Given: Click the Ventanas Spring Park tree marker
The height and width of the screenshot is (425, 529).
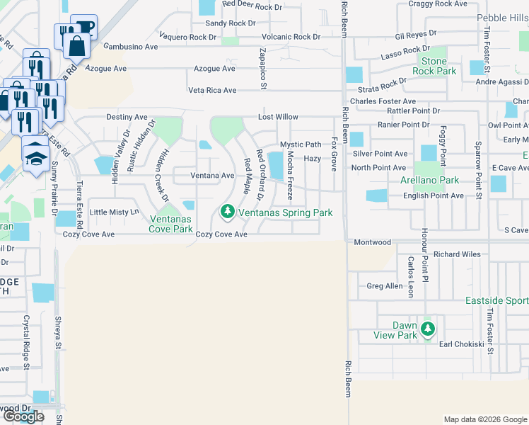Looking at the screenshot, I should [227, 211].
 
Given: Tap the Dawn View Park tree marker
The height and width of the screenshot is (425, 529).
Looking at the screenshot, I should [427, 329].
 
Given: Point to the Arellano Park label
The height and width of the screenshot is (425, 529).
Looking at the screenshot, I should [429, 181].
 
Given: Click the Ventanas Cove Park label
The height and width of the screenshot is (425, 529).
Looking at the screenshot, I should [170, 224].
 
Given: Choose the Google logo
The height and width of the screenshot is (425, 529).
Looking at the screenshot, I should [23, 416].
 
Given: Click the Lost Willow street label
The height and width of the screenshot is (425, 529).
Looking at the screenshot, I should [278, 117].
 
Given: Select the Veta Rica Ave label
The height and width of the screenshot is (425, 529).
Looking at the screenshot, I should [212, 91].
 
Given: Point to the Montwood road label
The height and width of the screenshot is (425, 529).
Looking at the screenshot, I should [373, 242].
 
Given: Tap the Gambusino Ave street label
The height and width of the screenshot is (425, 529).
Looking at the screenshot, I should [131, 47].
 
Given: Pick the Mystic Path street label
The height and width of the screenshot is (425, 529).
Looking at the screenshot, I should [301, 144].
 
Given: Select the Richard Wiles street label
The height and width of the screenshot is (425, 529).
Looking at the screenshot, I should [457, 254].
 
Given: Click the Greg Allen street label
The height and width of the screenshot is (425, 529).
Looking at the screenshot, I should [384, 287].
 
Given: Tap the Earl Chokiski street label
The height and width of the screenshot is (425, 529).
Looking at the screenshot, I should [461, 344].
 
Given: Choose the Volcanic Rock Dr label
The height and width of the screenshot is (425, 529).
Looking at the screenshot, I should [291, 37].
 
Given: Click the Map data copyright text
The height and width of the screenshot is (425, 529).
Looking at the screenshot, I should [484, 419].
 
